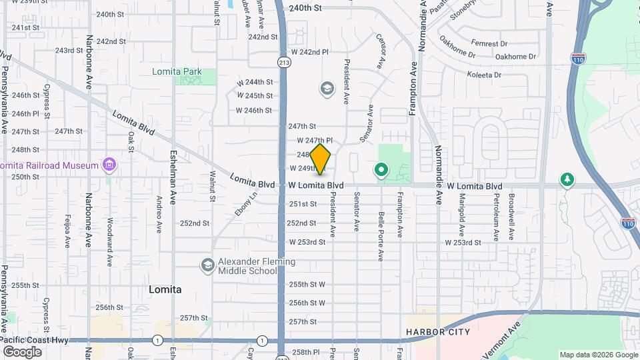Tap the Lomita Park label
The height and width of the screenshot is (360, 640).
(x=176, y=71)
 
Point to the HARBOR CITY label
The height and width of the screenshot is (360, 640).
(x=438, y=331)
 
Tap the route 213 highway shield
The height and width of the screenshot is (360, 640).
(x=284, y=62)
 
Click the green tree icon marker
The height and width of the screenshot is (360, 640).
(x=567, y=179)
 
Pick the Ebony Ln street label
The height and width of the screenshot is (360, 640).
(x=245, y=204)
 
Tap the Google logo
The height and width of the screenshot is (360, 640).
(x=22, y=351)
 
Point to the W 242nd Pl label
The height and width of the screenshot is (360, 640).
(x=310, y=51)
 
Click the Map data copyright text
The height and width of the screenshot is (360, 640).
(x=597, y=355)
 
